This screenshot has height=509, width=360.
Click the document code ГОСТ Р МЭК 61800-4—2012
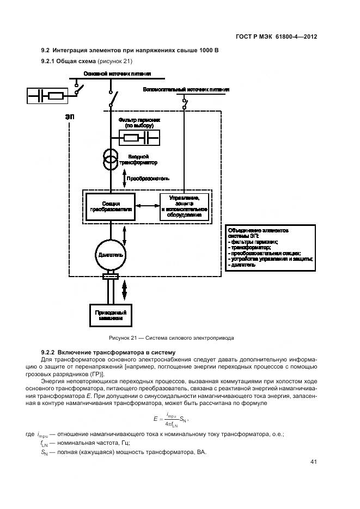point(277,36)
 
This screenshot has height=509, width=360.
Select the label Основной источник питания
point(117,73)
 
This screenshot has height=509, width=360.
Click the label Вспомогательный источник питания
point(186,89)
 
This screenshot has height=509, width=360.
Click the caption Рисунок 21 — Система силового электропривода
point(172,338)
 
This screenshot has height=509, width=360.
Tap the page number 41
point(313,462)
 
